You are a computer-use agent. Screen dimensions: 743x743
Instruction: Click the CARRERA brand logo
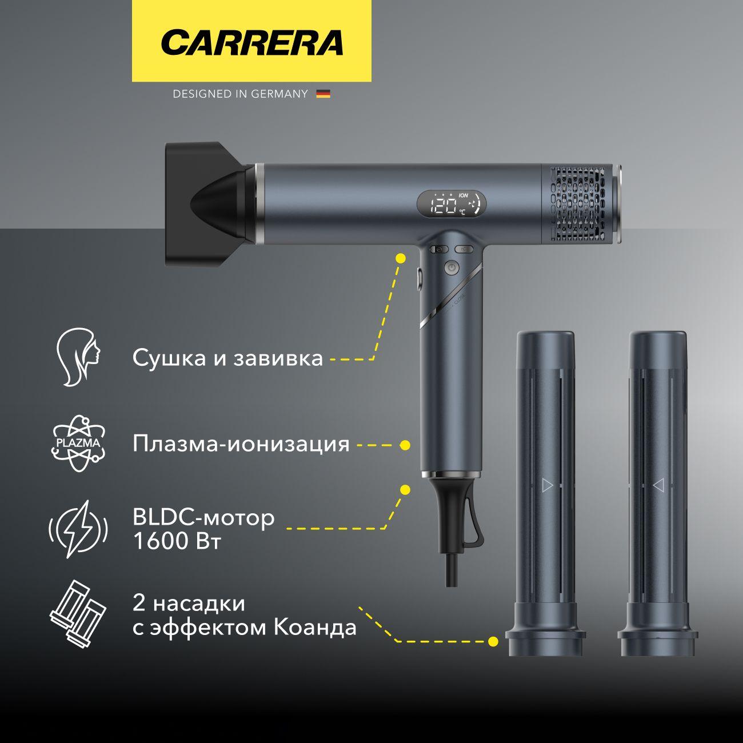click(x=252, y=42)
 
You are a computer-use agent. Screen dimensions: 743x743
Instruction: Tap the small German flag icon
click(x=323, y=94)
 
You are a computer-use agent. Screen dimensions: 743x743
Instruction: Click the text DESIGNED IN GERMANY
click(x=240, y=94)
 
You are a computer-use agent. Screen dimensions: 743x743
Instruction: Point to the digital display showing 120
click(x=452, y=203)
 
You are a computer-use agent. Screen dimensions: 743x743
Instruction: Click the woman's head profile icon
click(x=79, y=357)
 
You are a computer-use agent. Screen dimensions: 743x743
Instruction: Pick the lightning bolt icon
click(x=78, y=529)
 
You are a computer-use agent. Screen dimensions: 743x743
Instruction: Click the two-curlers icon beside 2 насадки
click(x=78, y=616)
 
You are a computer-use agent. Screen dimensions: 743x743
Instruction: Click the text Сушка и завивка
click(x=227, y=358)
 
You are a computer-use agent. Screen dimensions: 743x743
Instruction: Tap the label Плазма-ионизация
click(x=241, y=444)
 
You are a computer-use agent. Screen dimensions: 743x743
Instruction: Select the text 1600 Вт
click(x=177, y=541)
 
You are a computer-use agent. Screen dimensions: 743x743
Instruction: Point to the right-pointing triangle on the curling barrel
click(x=547, y=485)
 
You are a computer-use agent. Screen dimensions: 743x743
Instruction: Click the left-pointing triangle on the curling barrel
click(x=658, y=485)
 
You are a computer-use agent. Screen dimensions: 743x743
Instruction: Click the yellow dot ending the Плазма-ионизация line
click(x=405, y=445)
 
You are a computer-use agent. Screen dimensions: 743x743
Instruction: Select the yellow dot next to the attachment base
click(x=493, y=642)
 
